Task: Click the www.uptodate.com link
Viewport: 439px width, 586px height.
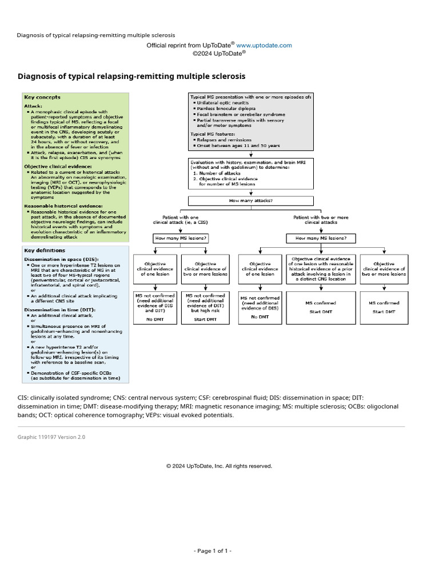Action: click(264, 45)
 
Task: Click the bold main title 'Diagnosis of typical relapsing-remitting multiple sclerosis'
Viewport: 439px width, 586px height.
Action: click(131, 76)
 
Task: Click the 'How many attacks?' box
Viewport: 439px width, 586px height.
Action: click(250, 201)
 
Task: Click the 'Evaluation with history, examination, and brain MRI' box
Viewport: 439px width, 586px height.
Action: click(250, 174)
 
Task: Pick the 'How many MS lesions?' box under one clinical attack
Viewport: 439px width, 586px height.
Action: click(180, 237)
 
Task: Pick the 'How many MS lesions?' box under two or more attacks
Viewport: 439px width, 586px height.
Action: click(324, 237)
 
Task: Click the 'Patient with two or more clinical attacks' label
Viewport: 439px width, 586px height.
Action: click(321, 220)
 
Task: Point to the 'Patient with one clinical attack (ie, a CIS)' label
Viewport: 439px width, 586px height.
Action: click(180, 220)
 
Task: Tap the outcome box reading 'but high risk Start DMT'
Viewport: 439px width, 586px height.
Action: click(205, 307)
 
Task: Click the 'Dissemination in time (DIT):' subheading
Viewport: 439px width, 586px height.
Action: click(53, 310)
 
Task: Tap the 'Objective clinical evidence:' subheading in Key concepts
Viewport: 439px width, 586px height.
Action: click(52, 166)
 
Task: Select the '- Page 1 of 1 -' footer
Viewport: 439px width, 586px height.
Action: click(213, 551)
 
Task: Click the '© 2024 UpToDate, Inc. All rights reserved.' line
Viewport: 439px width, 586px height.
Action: click(219, 466)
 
